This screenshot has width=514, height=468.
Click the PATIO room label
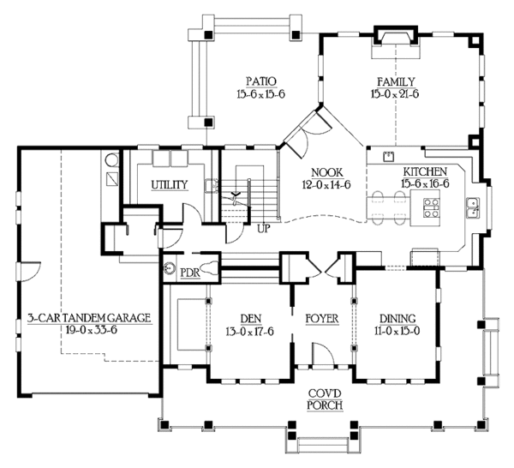pos(261,81)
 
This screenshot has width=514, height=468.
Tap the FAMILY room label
pos(396,81)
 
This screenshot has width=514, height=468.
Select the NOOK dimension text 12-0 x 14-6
pos(326,185)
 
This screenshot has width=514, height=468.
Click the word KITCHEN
pos(425,171)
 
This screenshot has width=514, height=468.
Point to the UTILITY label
pos(170,185)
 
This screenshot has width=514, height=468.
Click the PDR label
pos(190,273)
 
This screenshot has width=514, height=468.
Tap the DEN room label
pos(251,319)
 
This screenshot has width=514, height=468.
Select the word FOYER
pos(322,319)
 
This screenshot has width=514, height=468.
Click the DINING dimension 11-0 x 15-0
pos(397,331)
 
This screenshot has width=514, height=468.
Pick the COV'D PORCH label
pos(325,399)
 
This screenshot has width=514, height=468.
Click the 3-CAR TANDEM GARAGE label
pos(89,318)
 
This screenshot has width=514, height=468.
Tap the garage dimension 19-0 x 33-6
pos(92,330)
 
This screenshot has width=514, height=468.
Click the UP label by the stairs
pos(264,229)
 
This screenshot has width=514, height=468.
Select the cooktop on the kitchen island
pos(431,208)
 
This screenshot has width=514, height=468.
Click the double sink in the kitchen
pos(474,208)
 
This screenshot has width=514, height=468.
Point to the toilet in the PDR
pos(210,267)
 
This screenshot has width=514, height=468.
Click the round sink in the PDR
pos(170,267)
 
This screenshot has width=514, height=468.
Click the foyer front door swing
pos(323,354)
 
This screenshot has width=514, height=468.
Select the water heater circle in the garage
pos(111,160)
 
